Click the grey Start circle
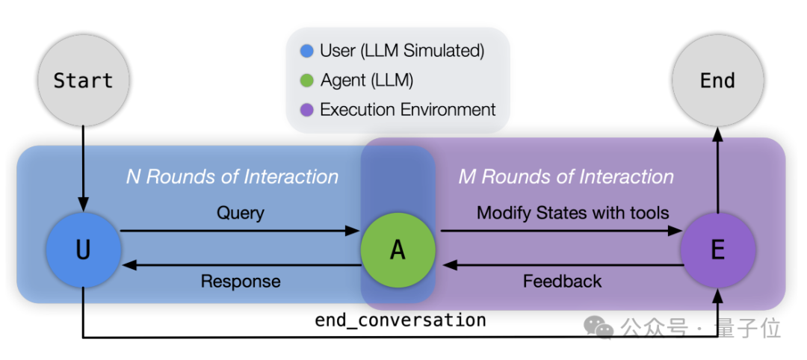click(83, 80)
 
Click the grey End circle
click(717, 80)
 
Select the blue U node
click(83, 249)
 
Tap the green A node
click(398, 249)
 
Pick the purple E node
click(717, 249)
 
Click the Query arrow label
click(241, 213)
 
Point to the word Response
click(241, 282)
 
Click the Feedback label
click(562, 282)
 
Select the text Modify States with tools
click(572, 213)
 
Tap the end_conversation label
click(401, 320)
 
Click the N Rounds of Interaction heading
click(232, 177)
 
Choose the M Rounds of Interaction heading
click(566, 177)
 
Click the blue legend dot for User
click(306, 52)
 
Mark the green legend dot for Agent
click(306, 81)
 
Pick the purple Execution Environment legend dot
click(306, 110)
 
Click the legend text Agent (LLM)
click(366, 81)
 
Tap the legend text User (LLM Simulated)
click(402, 52)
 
